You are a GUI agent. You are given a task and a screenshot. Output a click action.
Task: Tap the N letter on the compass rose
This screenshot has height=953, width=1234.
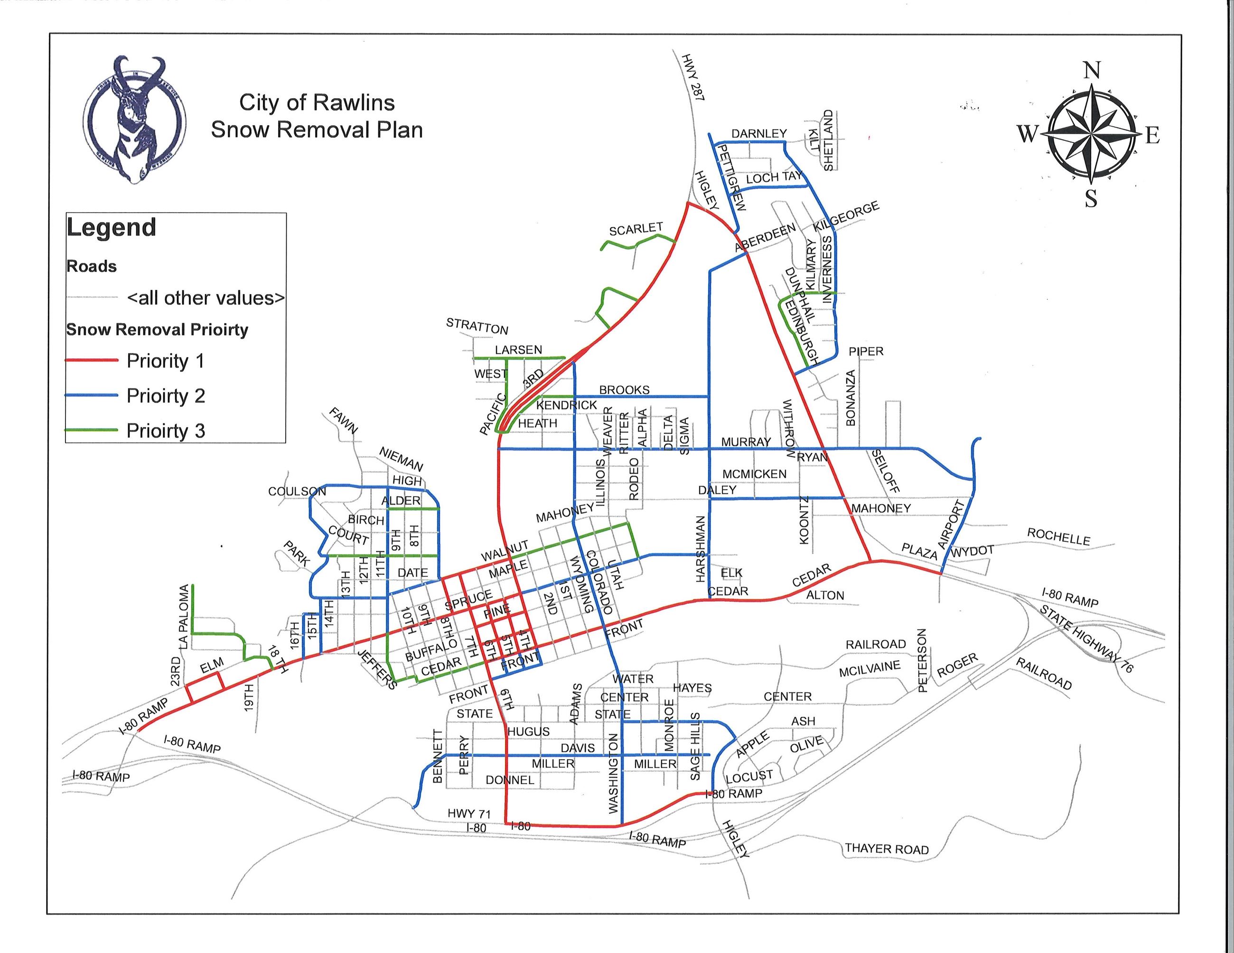[1092, 71]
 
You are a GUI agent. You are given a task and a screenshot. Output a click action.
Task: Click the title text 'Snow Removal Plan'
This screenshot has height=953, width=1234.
[317, 130]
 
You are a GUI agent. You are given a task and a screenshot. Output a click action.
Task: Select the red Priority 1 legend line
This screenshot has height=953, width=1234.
[92, 360]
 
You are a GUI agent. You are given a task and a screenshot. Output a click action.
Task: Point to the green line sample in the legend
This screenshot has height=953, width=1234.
[92, 430]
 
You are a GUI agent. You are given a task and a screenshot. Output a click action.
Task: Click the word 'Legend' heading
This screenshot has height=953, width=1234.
[112, 228]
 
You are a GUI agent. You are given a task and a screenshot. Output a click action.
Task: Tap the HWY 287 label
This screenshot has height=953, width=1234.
[693, 78]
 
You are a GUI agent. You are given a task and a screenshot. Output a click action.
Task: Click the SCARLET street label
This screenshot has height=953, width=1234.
[636, 229]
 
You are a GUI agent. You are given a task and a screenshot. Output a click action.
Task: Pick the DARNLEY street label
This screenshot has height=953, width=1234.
[759, 134]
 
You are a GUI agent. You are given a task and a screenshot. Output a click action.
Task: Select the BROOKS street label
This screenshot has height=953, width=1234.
[624, 390]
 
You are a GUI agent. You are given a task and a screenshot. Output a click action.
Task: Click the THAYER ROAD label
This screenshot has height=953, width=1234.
[887, 849]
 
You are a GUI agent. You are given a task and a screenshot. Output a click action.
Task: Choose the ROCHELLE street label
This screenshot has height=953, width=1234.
[1058, 537]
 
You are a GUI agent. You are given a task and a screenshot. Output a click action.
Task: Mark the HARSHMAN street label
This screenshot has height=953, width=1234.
[701, 549]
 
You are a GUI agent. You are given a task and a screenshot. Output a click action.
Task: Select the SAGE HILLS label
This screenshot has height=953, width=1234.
[695, 746]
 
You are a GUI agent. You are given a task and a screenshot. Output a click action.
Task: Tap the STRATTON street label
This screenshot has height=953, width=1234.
[477, 326]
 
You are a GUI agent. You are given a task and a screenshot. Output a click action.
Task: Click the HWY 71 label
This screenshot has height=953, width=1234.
[469, 814]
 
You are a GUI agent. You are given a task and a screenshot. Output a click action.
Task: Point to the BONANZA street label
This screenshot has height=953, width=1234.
[851, 398]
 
